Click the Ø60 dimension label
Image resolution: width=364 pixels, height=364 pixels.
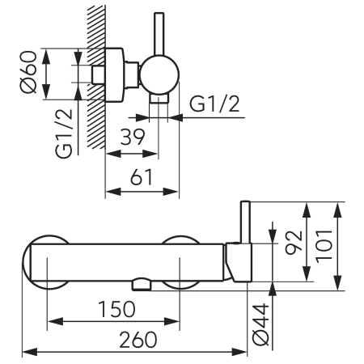tap(28, 72)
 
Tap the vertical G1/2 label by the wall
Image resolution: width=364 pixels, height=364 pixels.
tap(64, 133)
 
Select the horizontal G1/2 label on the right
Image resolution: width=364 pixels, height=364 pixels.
tap(214, 104)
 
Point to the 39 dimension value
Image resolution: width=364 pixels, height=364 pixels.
tap(133, 137)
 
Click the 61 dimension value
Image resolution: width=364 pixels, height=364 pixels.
tap(142, 177)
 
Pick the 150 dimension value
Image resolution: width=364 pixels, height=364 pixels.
tap(116, 309)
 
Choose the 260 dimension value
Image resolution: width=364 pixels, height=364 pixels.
tap(138, 340)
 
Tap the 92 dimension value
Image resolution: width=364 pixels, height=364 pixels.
tap(294, 243)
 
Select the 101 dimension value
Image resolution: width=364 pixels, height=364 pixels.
tap(324, 246)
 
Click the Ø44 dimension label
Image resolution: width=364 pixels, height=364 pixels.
tap(260, 324)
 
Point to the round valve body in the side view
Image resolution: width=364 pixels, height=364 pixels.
tap(159, 74)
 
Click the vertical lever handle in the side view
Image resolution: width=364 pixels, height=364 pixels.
tap(159, 34)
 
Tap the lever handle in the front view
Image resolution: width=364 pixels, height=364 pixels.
tap(246, 222)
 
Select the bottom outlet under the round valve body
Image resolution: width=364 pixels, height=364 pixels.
tap(159, 99)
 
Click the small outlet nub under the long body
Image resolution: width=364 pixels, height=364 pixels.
tap(141, 285)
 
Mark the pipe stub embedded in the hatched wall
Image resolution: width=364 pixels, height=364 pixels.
tap(98, 74)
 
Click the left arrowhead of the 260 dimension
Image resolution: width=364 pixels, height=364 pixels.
tap(30, 352)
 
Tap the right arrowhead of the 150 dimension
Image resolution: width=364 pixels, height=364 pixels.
tap(171, 321)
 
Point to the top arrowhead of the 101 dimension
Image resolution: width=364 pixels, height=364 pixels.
tap(337, 210)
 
